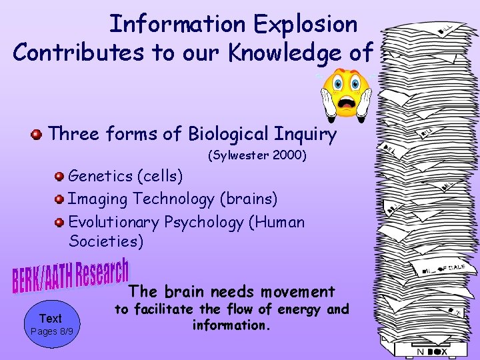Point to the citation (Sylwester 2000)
click(257, 157)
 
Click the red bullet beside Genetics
click(60, 177)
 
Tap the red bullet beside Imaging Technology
click(60, 199)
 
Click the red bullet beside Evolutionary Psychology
click(60, 222)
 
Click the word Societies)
click(105, 241)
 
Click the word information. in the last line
click(229, 325)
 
